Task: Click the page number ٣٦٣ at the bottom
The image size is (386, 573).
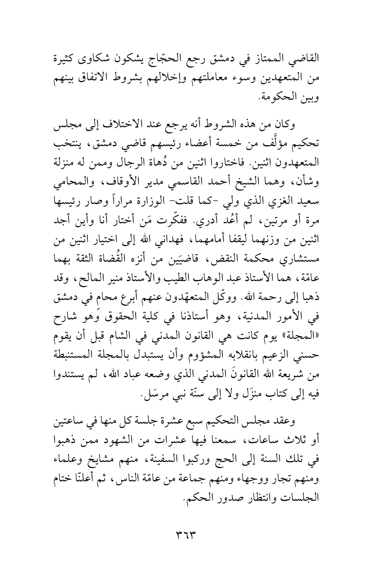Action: click(x=193, y=536)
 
